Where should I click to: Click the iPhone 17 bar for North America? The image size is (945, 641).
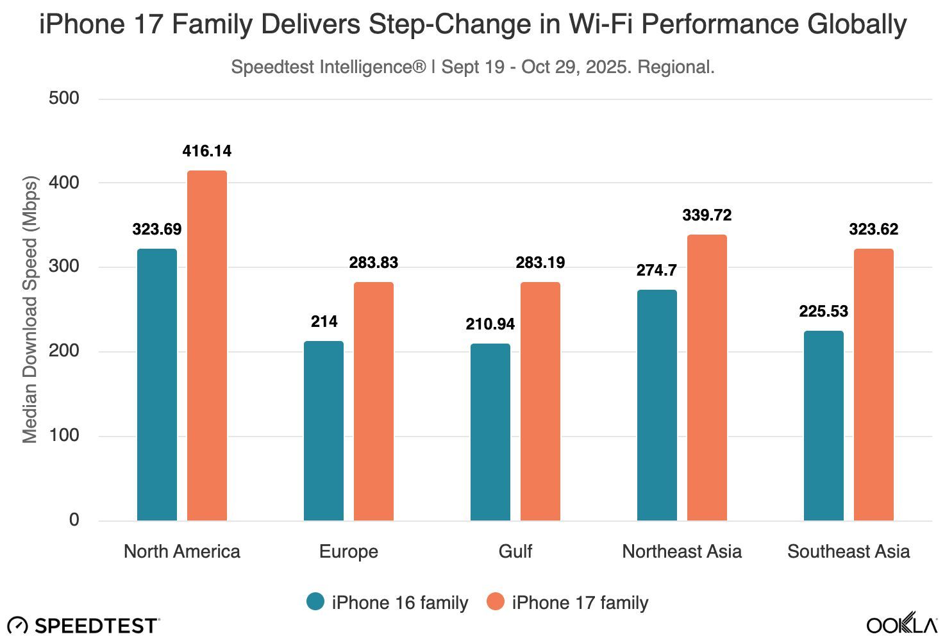pyautogui.click(x=207, y=345)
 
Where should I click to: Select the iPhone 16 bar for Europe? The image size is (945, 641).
pyautogui.click(x=324, y=431)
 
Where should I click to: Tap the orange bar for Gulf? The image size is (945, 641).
pyautogui.click(x=540, y=401)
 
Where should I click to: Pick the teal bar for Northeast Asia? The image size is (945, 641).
pyautogui.click(x=657, y=405)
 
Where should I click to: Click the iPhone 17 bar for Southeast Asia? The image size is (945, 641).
pyautogui.click(x=874, y=385)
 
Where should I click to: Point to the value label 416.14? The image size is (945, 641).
pyautogui.click(x=207, y=151)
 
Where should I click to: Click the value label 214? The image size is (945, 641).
pyautogui.click(x=324, y=322)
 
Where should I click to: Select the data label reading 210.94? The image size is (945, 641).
pyautogui.click(x=490, y=324)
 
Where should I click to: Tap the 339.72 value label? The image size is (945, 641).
pyautogui.click(x=707, y=215)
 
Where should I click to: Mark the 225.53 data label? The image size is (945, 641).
pyautogui.click(x=824, y=312)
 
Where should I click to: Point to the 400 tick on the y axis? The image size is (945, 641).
pyautogui.click(x=64, y=183)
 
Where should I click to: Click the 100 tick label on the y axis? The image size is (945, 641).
pyautogui.click(x=64, y=436)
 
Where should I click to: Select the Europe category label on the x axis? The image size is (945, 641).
pyautogui.click(x=349, y=552)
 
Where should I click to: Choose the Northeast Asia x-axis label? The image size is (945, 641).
pyautogui.click(x=682, y=552)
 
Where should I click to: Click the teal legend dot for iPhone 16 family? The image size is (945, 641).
pyautogui.click(x=315, y=602)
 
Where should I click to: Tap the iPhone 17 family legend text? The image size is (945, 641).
pyautogui.click(x=580, y=603)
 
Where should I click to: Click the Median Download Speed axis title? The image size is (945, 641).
pyautogui.click(x=30, y=309)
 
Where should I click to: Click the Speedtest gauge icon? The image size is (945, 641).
pyautogui.click(x=17, y=626)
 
